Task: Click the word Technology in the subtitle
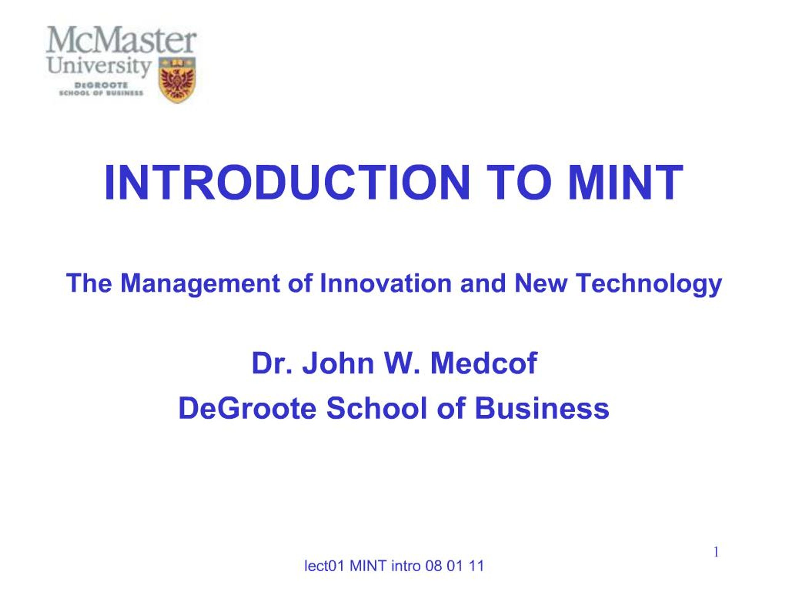tap(649, 284)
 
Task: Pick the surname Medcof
tap(483, 363)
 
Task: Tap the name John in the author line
tap(338, 363)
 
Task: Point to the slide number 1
tap(716, 552)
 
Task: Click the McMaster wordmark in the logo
tap(121, 40)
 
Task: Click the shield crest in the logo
tap(177, 80)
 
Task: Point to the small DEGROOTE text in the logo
tap(101, 86)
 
